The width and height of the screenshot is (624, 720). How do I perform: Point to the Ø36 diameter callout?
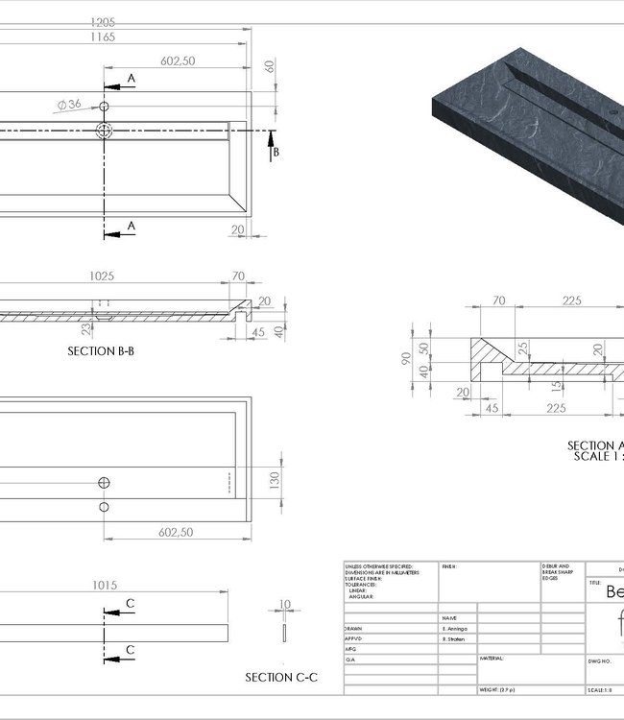coord(69,103)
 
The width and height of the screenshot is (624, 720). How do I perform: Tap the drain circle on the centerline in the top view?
coord(105,131)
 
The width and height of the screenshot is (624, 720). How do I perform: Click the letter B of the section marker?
coord(275,153)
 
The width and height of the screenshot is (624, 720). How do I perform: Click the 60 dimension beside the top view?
coord(270,66)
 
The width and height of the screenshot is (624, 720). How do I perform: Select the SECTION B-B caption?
coord(101,351)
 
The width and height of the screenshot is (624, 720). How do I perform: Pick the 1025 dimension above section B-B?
coord(103,276)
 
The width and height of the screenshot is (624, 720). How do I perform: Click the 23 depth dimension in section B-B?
coord(85,329)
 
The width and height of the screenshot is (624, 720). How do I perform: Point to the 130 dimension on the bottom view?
coord(276,477)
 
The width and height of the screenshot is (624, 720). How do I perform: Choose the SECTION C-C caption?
coord(281,678)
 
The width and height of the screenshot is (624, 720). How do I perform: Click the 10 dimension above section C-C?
coord(284,606)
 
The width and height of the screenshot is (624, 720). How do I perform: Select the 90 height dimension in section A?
coord(406,360)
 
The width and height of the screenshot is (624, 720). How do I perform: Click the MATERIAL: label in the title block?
coord(491,659)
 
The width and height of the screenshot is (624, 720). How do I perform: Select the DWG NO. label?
coord(600,661)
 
